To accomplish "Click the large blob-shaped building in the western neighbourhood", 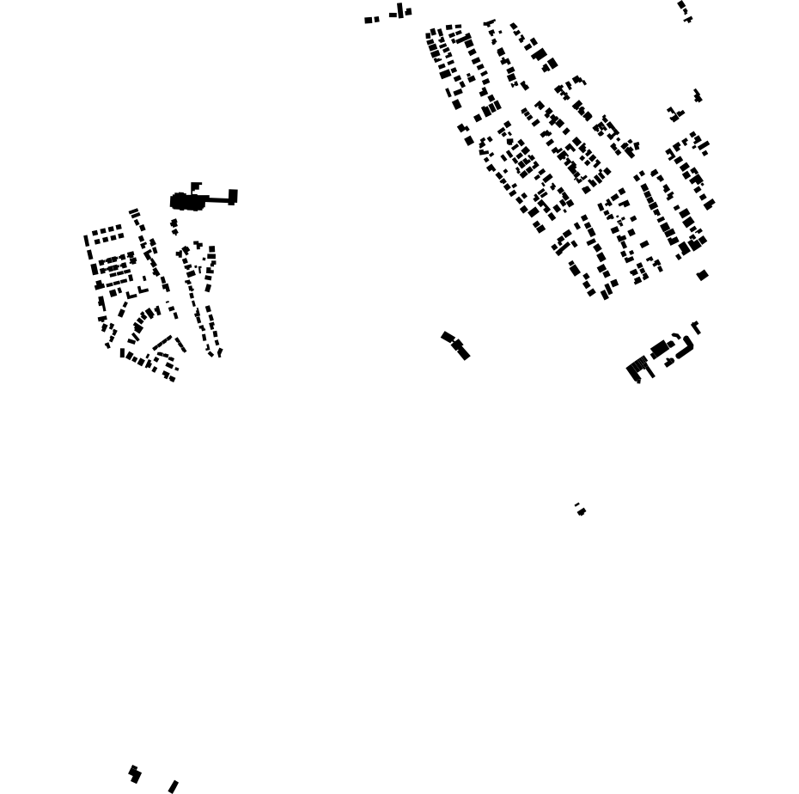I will coord(186,202).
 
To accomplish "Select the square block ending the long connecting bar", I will coord(233,196).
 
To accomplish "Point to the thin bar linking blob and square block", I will coord(217,199).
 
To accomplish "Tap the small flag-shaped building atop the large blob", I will coord(196,186).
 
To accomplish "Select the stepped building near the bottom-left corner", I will coord(134,773).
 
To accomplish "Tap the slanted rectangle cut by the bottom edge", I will coord(173,786).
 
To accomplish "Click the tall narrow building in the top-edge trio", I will coord(400,10).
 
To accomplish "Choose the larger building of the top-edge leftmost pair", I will coord(369,20).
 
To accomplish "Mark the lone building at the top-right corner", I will coord(684,9).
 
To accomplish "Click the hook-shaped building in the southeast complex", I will coord(686,348).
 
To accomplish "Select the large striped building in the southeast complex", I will coord(637,367).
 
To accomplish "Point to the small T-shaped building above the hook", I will coord(696,327).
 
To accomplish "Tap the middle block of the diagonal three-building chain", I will coord(457,345).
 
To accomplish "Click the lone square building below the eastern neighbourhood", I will coord(702,275).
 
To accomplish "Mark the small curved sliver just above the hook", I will coord(676,336).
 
